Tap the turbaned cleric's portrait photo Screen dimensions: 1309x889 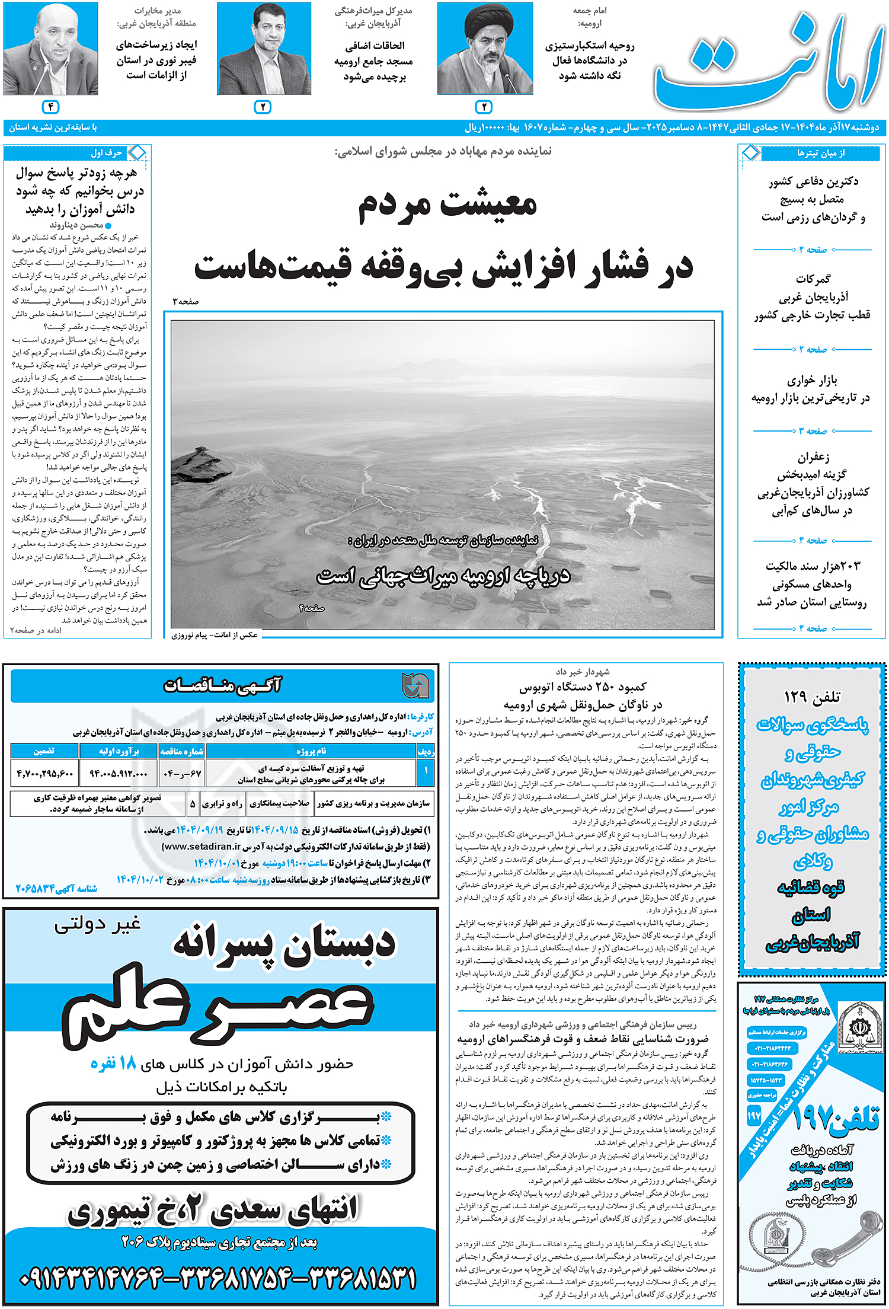click(485, 49)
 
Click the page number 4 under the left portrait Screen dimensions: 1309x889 click(51, 107)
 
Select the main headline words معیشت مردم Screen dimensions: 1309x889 click(447, 205)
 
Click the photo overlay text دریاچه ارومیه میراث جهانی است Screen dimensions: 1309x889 click(443, 576)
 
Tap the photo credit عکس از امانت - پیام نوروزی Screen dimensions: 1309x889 click(215, 635)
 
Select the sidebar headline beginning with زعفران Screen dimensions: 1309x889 click(813, 483)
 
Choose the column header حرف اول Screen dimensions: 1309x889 click(107, 153)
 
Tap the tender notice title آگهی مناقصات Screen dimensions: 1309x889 click(222, 685)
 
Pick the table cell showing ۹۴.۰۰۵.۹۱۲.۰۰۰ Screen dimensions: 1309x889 click(119, 773)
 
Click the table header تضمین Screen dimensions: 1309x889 click(44, 751)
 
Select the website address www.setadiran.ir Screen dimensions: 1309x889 click(202, 846)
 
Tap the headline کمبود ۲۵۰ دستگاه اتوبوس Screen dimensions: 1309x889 click(583, 687)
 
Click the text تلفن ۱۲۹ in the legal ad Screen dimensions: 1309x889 click(811, 697)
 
